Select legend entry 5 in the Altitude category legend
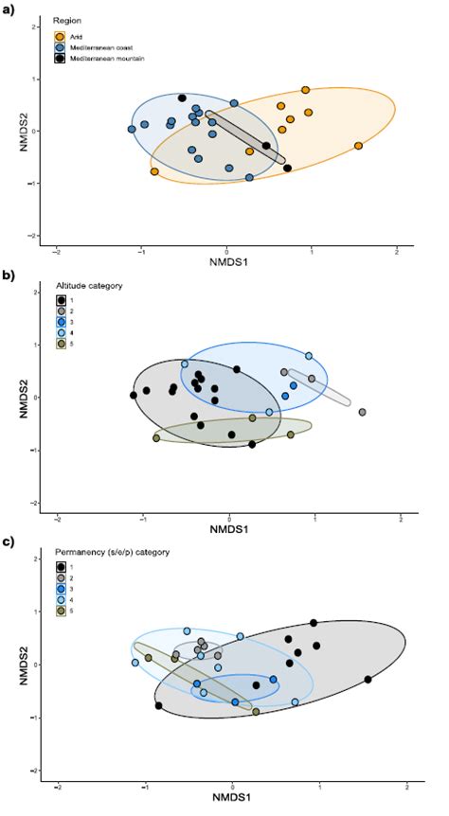(x=62, y=346)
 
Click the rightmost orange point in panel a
(x=358, y=146)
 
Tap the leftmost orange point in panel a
(x=154, y=171)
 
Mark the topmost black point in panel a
(x=182, y=98)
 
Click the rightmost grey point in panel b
(x=362, y=412)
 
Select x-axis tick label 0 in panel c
(x=232, y=787)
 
